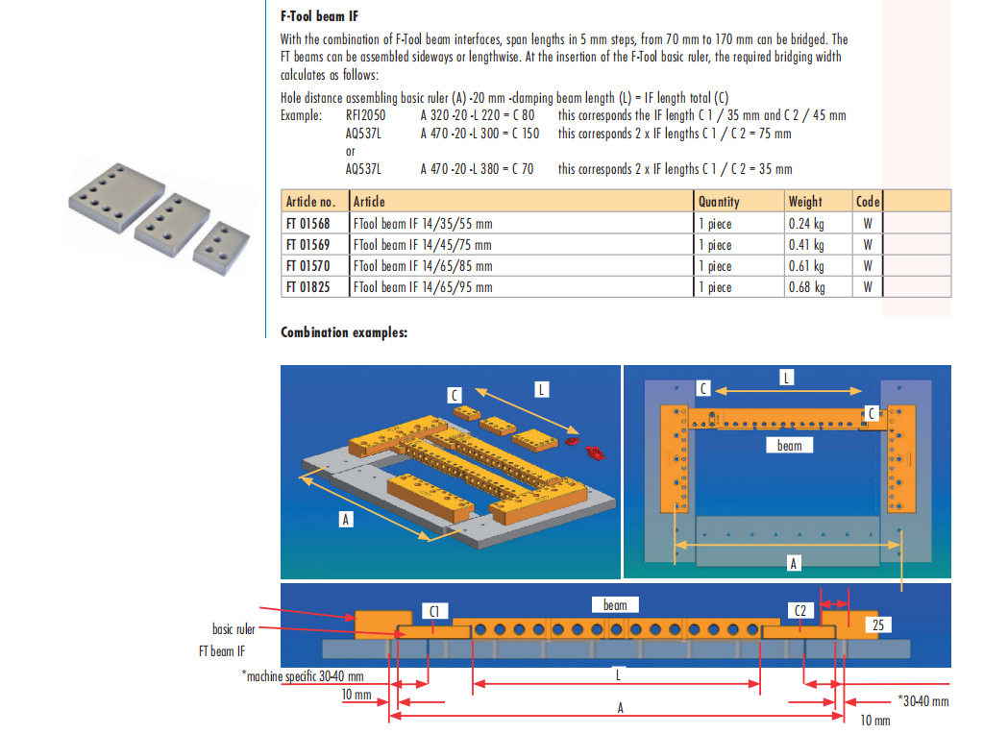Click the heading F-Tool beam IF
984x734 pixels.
pyautogui.click(x=319, y=16)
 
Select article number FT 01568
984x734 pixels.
pyautogui.click(x=307, y=224)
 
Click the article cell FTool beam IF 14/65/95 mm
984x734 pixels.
pyautogui.click(x=423, y=287)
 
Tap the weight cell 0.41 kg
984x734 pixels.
pyautogui.click(x=806, y=245)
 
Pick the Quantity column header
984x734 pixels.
pyautogui.click(x=719, y=202)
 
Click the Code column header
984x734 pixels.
pyautogui.click(x=868, y=202)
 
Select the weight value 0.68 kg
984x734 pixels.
pyautogui.click(x=806, y=287)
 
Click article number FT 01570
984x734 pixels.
pyautogui.click(x=307, y=266)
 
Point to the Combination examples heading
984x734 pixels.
pyautogui.click(x=344, y=333)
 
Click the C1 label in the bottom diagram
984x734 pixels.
pyautogui.click(x=434, y=611)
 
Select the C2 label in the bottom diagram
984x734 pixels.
pyautogui.click(x=801, y=611)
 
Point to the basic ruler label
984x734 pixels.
pyautogui.click(x=234, y=629)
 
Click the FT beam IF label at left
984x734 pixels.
pyautogui.click(x=228, y=650)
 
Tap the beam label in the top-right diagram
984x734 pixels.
pyautogui.click(x=789, y=446)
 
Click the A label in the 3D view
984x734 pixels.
pyautogui.click(x=346, y=519)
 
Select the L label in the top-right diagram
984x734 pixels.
pyautogui.click(x=786, y=379)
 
